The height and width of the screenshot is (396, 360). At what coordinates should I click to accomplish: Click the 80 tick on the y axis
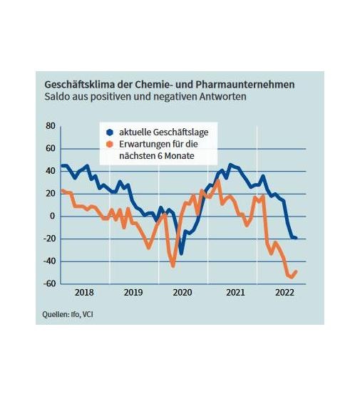click(x=50, y=126)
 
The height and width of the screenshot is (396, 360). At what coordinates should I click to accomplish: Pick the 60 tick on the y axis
click(x=50, y=148)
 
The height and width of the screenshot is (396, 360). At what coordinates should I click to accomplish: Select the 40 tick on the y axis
click(x=50, y=171)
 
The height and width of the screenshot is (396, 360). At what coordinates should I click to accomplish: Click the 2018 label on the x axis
click(x=84, y=293)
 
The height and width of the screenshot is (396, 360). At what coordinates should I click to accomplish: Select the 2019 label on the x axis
click(x=133, y=293)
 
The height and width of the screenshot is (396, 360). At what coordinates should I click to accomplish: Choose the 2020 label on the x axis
click(x=182, y=293)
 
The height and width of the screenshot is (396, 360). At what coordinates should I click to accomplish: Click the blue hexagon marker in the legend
click(x=109, y=132)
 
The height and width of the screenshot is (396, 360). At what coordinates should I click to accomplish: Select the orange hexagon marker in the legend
click(x=109, y=144)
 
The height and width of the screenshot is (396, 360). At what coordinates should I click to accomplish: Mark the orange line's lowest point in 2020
click(x=173, y=266)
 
